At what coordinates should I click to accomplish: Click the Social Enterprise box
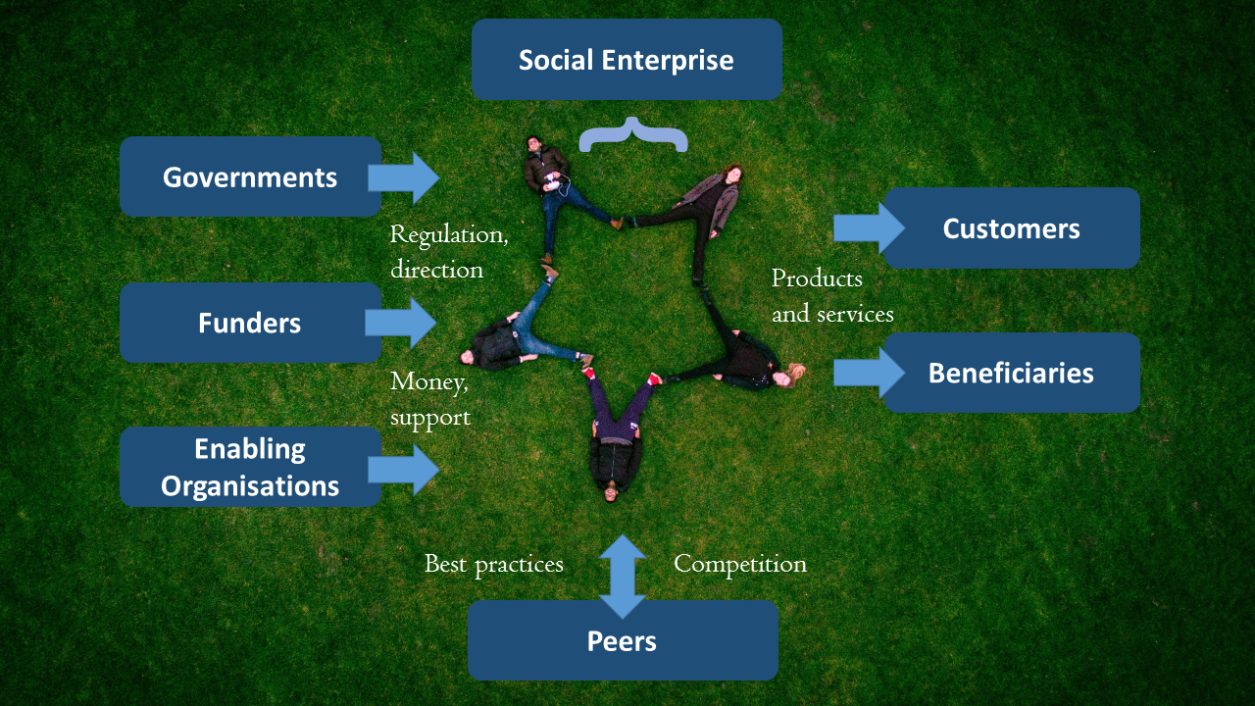click(627, 60)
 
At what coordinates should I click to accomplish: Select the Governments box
click(250, 177)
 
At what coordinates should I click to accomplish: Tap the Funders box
click(250, 323)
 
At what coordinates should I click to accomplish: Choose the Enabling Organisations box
click(250, 468)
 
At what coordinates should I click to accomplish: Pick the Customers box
click(1011, 228)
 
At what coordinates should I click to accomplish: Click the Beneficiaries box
click(1011, 373)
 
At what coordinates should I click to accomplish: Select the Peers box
click(623, 641)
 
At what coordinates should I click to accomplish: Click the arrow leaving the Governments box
click(404, 177)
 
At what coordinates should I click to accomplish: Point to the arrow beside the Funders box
click(401, 323)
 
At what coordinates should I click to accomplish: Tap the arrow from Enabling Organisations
click(404, 469)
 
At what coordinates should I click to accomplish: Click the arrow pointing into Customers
click(869, 228)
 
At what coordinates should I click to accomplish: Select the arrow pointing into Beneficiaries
click(869, 373)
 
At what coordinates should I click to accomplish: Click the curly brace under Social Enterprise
click(632, 135)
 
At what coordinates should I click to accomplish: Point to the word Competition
click(740, 564)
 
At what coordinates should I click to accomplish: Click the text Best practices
click(493, 564)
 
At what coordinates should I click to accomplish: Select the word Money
click(427, 381)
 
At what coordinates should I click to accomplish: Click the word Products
click(817, 279)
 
